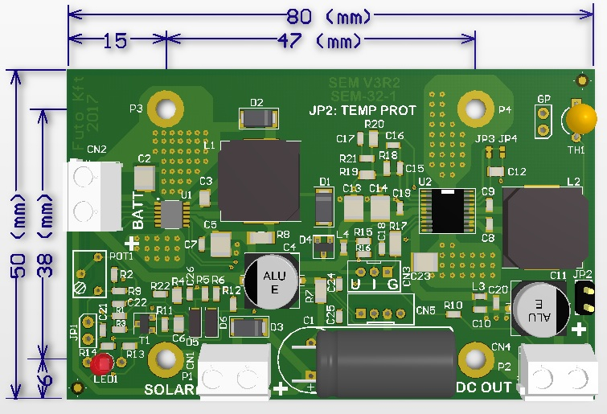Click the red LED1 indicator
pyautogui.click(x=106, y=363)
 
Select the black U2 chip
pyautogui.click(x=441, y=210)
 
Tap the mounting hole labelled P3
pyautogui.click(x=166, y=109)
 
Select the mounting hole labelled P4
pyautogui.click(x=472, y=109)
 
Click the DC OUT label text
pyautogui.click(x=484, y=388)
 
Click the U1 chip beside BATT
pyautogui.click(x=171, y=214)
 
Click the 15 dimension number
pyautogui.click(x=116, y=41)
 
